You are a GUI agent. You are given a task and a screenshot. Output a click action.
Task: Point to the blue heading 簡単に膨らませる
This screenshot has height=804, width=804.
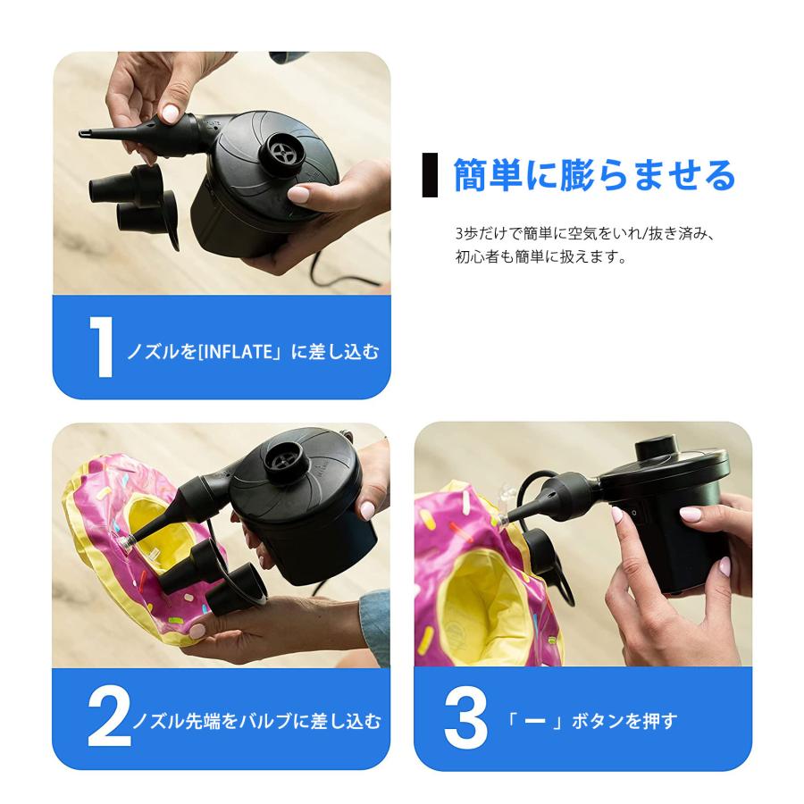594,175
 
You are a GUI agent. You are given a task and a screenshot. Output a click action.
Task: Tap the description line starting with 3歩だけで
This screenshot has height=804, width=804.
586,234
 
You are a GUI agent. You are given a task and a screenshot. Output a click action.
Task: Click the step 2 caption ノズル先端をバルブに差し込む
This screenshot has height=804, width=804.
256,720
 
